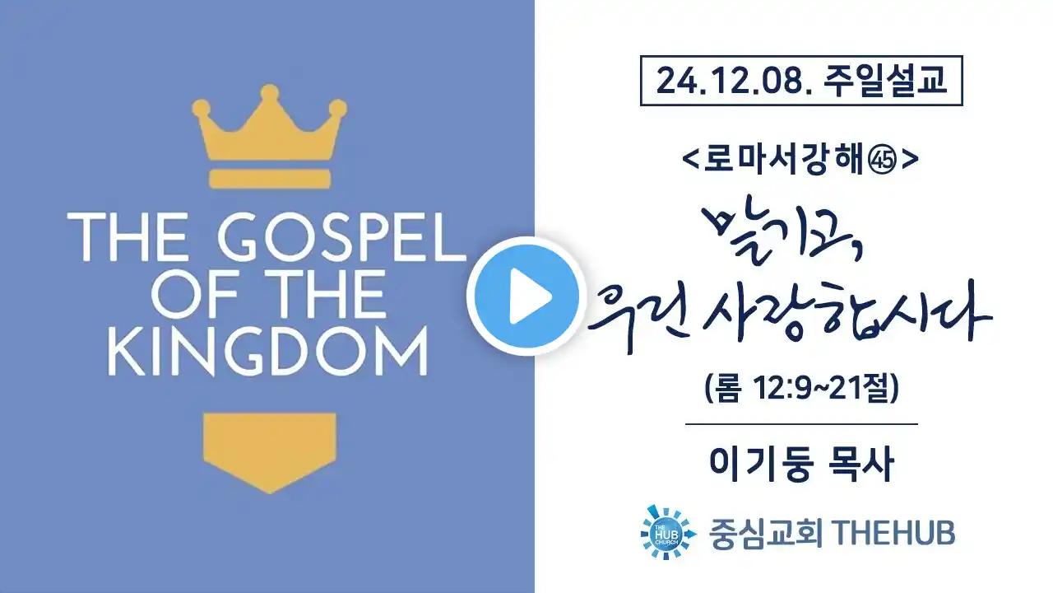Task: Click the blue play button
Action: point(526,296)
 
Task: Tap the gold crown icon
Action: point(269,124)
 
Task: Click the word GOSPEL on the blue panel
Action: point(341,238)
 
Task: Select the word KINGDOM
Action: point(268,351)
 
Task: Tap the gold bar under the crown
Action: point(270,179)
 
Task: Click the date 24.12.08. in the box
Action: point(734,81)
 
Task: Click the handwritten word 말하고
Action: point(782,236)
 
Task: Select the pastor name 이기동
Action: point(761,464)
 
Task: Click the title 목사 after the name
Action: point(860,464)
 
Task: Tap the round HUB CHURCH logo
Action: point(667,532)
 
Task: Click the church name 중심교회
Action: point(766,533)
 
